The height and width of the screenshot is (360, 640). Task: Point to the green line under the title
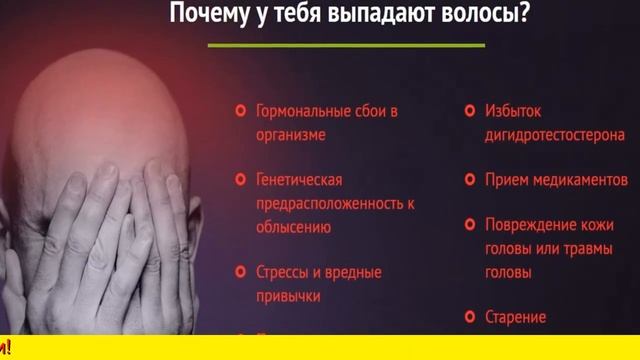tap(346, 45)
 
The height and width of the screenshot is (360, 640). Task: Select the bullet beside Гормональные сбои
tap(240, 111)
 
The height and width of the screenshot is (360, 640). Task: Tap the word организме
tap(291, 133)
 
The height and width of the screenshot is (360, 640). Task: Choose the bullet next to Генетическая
tap(240, 180)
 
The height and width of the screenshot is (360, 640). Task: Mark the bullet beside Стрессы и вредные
tap(240, 272)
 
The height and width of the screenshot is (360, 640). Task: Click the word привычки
tap(288, 295)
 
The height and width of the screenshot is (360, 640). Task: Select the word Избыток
tap(513, 111)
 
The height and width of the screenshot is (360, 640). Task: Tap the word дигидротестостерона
tap(555, 133)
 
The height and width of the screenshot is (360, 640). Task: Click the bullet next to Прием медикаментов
tap(469, 180)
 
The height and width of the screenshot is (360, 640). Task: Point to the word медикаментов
tap(579, 180)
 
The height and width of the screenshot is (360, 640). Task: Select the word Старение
tap(516, 318)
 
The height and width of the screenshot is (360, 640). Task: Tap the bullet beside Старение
tap(469, 318)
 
